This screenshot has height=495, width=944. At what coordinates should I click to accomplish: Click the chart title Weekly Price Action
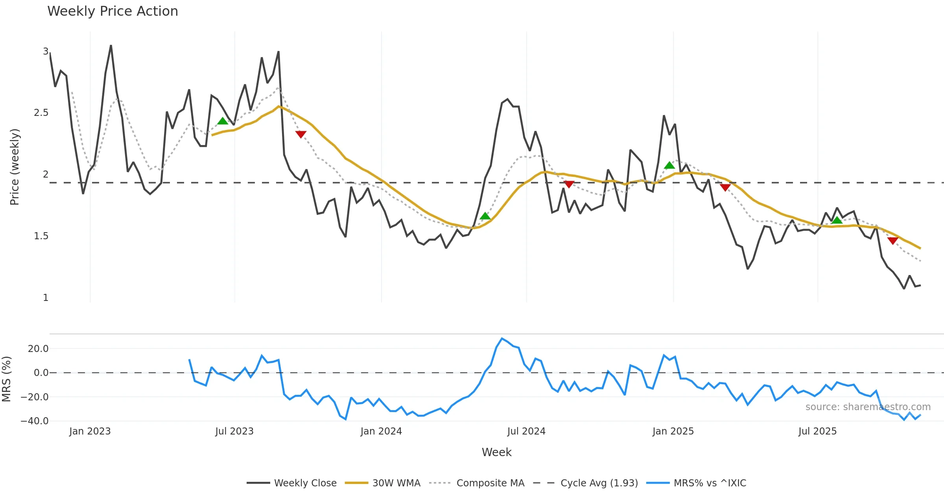click(112, 11)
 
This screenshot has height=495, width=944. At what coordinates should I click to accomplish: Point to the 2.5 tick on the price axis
click(41, 113)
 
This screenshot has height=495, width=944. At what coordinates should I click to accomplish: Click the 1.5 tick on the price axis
click(41, 236)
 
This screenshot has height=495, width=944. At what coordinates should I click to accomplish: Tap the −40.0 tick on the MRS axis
click(35, 421)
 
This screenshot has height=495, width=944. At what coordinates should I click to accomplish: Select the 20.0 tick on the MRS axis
click(38, 349)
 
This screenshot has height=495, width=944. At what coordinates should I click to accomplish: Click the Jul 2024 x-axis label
click(526, 431)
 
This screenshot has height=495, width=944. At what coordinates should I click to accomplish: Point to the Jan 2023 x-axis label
click(90, 431)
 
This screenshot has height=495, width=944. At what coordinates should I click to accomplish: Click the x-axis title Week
click(496, 452)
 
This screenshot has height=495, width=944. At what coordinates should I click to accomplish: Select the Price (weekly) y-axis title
click(15, 167)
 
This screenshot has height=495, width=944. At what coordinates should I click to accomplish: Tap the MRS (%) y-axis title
click(7, 379)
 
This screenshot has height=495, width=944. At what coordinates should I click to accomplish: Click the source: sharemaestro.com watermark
click(868, 407)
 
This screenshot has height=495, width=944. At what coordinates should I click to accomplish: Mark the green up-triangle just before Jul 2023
click(223, 121)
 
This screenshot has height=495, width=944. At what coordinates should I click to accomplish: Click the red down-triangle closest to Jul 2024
click(569, 184)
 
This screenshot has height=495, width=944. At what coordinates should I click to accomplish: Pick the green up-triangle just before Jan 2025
click(669, 165)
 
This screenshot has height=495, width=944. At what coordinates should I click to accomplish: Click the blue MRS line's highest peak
click(502, 338)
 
